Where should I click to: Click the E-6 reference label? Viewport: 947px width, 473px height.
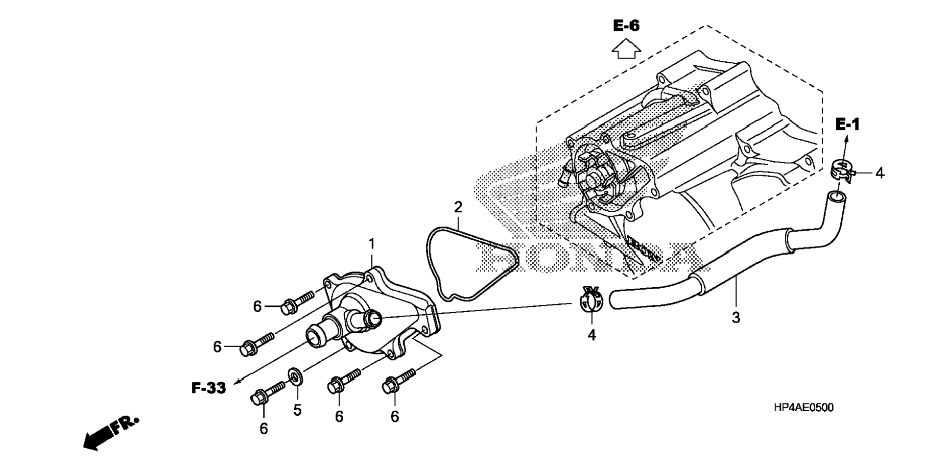(x=626, y=25)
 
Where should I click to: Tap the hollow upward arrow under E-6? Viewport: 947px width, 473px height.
(x=626, y=49)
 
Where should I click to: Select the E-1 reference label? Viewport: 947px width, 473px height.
(x=847, y=125)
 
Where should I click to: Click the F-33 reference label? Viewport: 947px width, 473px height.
(x=209, y=388)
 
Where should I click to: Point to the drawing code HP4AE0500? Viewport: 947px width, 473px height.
(x=804, y=408)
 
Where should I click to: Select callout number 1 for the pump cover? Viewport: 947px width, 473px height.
(x=372, y=244)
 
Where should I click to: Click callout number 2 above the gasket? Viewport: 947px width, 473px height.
(x=458, y=207)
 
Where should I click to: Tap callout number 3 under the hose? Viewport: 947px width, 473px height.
(x=735, y=318)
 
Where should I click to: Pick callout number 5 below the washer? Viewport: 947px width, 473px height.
(x=297, y=410)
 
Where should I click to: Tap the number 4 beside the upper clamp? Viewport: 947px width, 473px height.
(x=879, y=173)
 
